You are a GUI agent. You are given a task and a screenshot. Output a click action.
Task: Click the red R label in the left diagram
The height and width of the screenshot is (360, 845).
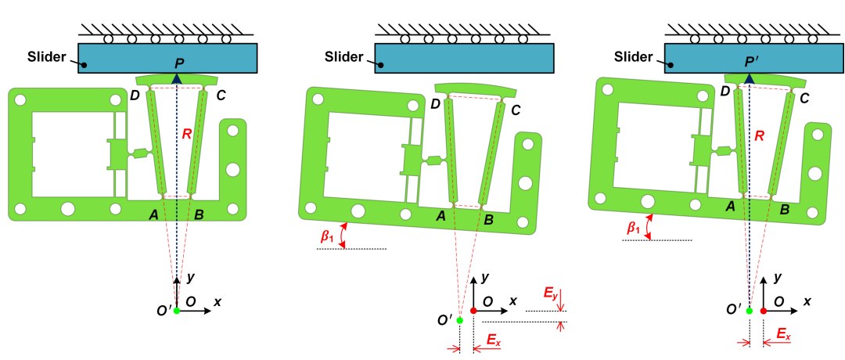[186, 135]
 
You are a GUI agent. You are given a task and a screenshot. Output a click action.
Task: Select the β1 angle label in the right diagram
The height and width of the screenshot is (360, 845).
[633, 228]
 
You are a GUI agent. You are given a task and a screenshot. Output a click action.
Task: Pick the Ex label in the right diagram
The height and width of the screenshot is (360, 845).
[783, 334]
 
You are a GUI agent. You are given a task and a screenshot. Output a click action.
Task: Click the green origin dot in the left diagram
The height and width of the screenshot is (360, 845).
[177, 311]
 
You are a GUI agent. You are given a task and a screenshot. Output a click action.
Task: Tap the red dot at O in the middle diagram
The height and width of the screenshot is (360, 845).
[473, 311]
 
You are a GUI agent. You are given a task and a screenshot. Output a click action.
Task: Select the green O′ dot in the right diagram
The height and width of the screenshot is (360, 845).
[750, 311]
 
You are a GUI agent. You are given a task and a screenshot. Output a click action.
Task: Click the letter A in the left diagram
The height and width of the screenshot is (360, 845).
[154, 214]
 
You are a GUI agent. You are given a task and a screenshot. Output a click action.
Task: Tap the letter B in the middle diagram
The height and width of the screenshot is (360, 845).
[488, 221]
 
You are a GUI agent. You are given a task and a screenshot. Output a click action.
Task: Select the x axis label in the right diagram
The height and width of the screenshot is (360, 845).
[806, 301]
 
